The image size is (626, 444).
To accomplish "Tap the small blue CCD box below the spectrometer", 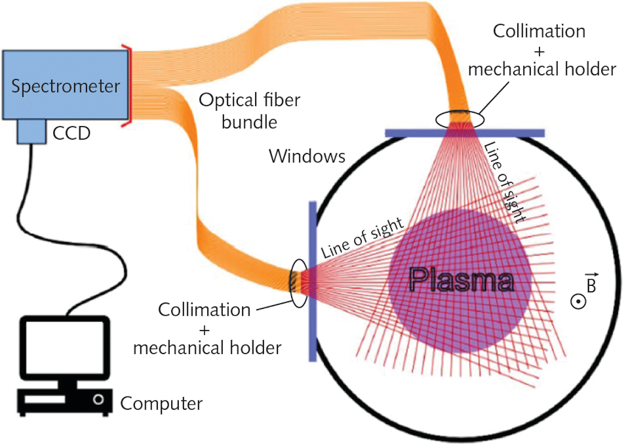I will click(31, 132).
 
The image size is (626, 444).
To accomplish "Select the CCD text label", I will click(71, 133).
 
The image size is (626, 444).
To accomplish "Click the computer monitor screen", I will click(65, 347).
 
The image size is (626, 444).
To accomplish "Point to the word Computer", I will click(161, 404).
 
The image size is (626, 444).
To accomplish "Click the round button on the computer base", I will click(98, 399).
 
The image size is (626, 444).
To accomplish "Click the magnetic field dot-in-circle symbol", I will click(578, 301).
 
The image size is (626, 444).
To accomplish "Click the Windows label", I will click(307, 156).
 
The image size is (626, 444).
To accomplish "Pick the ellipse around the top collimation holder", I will click(460, 119).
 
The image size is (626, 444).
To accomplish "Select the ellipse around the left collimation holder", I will click(299, 283).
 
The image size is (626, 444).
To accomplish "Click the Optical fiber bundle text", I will click(250, 111).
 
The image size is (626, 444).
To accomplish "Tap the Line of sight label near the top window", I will click(504, 183).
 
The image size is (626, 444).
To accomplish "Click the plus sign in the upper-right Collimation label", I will click(539, 51).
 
